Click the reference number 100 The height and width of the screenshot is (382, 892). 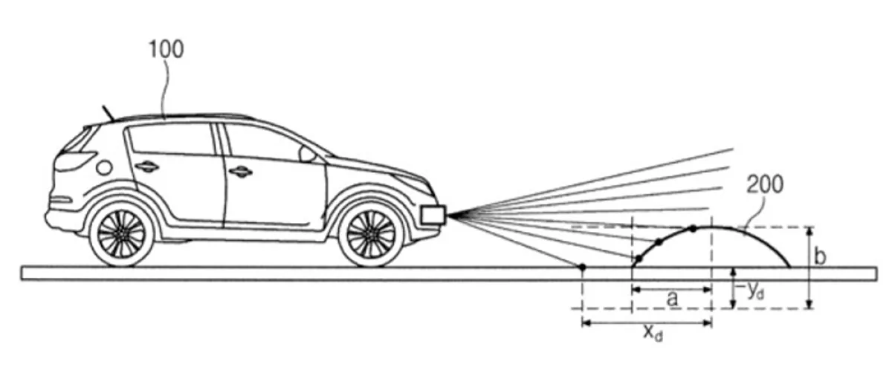point(167,49)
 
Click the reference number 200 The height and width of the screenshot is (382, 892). point(765,184)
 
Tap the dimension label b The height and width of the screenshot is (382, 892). point(820,256)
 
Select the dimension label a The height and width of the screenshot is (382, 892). point(672,299)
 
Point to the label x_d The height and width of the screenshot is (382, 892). point(653,334)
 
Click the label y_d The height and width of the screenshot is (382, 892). point(755,291)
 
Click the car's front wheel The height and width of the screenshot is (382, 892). point(371,234)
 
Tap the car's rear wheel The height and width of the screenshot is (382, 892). point(121,234)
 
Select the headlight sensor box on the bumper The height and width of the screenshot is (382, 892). point(433,214)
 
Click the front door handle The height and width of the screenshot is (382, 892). point(241,172)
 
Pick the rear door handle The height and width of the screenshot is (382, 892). point(146,166)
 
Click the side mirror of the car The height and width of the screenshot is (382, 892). point(307,154)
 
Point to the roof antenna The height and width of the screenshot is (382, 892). point(109,113)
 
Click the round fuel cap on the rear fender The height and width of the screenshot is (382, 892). point(104,168)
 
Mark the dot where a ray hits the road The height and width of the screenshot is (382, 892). point(582,267)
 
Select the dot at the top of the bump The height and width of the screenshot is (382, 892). point(694,229)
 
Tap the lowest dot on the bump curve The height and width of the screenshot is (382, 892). point(639,259)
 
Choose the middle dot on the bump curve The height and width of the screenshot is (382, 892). point(659,242)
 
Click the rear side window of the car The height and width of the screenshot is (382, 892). point(171,140)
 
